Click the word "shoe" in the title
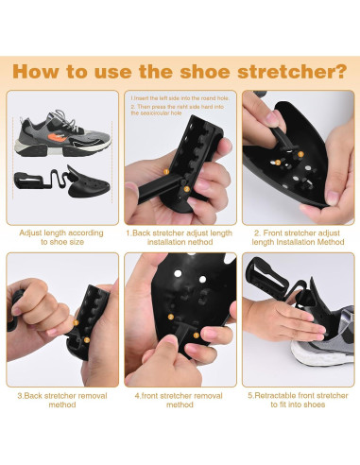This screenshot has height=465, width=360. tap(205, 71)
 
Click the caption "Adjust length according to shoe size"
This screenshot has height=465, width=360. tap(62, 236)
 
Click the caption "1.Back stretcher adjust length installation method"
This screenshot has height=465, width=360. tap(180, 236)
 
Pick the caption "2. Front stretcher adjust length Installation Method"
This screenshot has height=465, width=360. tap(297, 236)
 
